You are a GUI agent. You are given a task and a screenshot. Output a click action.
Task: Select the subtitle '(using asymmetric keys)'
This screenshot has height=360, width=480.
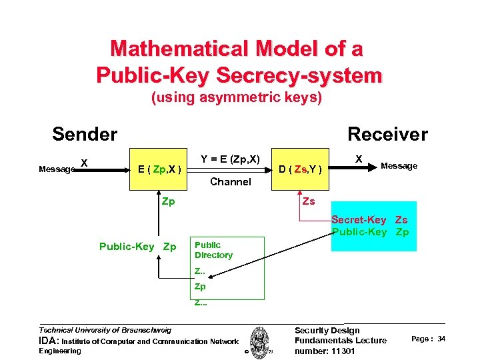pos(237,98)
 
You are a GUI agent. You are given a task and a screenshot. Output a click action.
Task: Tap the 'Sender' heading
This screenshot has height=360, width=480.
pos(85,134)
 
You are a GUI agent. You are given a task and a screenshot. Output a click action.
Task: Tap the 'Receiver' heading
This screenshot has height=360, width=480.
pos(387,134)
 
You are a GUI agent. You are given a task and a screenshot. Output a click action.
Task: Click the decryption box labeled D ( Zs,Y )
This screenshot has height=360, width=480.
pos(303,169)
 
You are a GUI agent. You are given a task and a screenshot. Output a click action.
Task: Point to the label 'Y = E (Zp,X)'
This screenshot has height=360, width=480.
pos(230,159)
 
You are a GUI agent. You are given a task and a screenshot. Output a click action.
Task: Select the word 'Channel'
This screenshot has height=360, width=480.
pos(230,181)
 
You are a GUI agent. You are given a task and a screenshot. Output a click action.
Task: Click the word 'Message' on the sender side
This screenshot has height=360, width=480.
pos(57,169)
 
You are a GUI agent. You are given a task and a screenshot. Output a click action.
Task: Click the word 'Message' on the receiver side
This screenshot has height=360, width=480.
pos(399,166)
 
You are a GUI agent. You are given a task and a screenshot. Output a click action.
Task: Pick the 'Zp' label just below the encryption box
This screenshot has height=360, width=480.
pos(169,201)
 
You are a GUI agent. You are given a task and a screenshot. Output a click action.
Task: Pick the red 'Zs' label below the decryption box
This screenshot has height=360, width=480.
pos(309,201)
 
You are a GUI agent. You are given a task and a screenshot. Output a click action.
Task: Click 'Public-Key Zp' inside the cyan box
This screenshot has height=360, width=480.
pos(370,232)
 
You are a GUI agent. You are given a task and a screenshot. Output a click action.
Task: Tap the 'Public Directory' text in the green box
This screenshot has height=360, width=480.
pos(213,250)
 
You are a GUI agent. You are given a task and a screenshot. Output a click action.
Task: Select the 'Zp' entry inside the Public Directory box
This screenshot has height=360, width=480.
pos(200,287)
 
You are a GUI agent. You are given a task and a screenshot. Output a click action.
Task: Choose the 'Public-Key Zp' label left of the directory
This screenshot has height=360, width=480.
pos(137,247)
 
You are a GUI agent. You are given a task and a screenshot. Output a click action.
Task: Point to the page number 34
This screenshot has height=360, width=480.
pos(441,339)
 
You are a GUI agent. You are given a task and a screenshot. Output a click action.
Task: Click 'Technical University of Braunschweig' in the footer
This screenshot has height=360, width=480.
pos(105,330)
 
